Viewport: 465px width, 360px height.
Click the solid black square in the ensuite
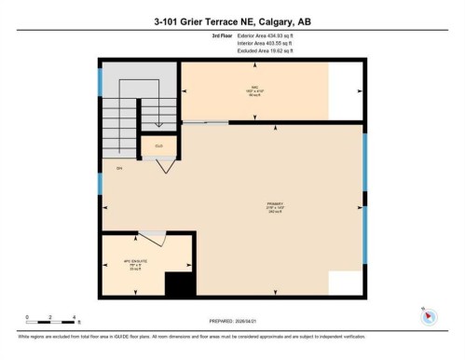176,284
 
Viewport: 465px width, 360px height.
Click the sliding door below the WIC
205,121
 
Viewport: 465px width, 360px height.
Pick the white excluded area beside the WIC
346,90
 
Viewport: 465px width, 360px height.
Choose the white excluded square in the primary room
347,283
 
